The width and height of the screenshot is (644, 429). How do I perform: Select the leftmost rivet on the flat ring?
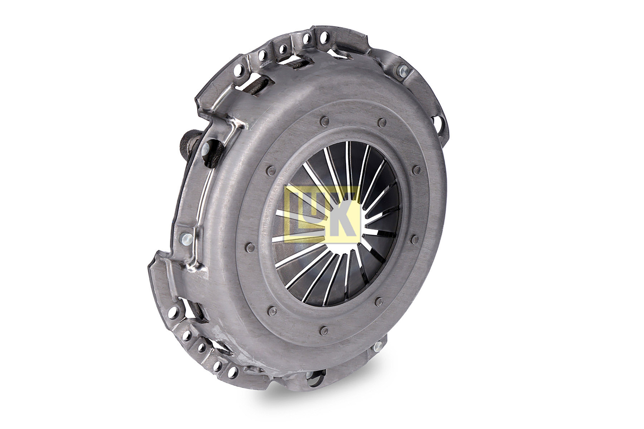tap(250, 246)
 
